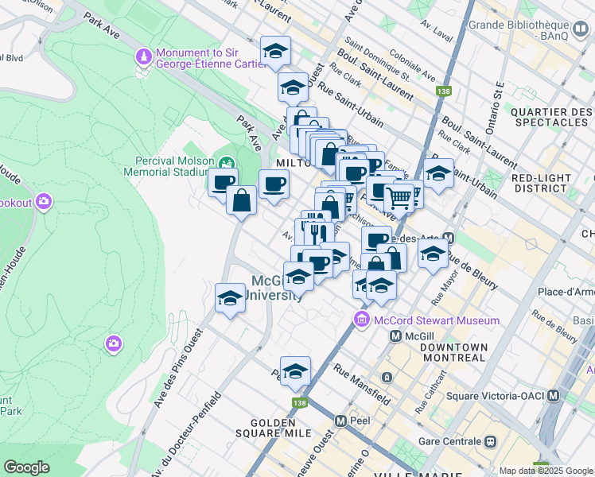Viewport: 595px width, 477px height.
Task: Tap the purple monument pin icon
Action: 143,57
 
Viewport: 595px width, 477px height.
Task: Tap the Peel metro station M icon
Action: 340,421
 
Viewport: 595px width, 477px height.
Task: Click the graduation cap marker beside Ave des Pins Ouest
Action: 230,298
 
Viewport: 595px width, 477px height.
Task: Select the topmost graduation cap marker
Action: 275,51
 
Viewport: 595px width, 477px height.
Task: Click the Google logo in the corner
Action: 26,467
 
